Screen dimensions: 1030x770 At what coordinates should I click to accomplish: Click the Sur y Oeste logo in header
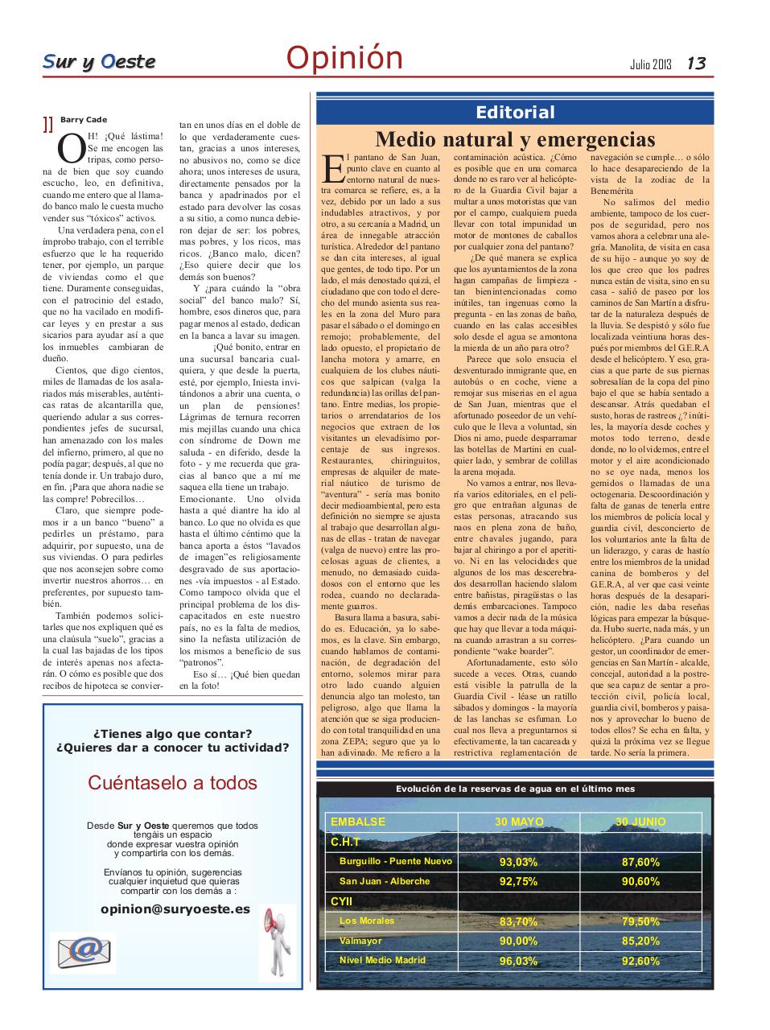coord(99,62)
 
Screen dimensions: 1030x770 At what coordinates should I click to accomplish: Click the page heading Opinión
coord(344,58)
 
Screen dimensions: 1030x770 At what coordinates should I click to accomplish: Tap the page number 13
coord(696,63)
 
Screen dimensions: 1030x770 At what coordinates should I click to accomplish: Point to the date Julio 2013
coord(651,64)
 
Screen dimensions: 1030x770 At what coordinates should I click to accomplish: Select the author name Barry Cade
coord(84,120)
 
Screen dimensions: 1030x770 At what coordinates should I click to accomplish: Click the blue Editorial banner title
coord(515,112)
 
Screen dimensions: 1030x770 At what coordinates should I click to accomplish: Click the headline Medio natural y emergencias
coord(515,139)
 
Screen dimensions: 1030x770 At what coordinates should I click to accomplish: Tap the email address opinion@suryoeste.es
coord(175,908)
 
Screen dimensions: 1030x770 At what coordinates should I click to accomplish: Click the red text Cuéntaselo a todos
coord(172,782)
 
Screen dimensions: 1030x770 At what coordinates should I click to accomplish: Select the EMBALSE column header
coord(358,822)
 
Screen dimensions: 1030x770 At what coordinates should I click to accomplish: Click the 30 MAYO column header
coord(519,822)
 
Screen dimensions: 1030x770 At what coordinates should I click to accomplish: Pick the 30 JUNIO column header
coord(640,822)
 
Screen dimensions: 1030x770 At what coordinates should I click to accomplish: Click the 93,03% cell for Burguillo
coord(519,862)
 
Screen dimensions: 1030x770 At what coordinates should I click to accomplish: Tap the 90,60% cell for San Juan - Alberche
coord(640,882)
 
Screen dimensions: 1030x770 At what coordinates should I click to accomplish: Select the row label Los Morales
coord(367,921)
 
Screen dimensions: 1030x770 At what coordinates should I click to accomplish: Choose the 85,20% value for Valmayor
coord(640,941)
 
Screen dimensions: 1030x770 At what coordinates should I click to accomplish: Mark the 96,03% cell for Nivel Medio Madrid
coord(519,961)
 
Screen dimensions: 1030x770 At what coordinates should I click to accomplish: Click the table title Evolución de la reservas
coord(515,789)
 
